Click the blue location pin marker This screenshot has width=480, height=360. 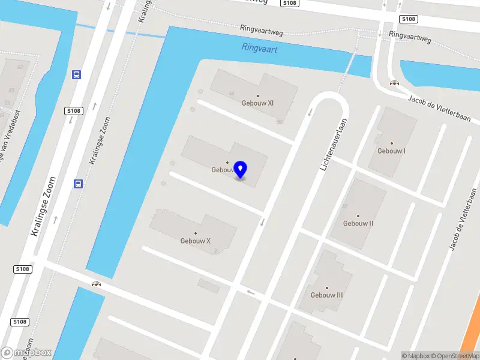[x=241, y=170]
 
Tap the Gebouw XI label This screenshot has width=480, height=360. [x=258, y=103]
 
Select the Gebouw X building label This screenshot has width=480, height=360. [x=196, y=241]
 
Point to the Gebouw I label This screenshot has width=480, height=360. [x=391, y=151]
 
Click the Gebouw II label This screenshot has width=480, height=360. [x=358, y=223]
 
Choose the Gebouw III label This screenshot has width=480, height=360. [x=327, y=295]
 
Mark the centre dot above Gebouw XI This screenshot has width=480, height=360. [x=258, y=95]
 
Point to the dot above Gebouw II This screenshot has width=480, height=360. [x=358, y=216]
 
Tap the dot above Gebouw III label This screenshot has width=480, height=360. [x=327, y=287]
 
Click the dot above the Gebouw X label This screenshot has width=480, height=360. [x=196, y=233]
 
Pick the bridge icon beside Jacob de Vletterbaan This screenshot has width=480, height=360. [x=394, y=83]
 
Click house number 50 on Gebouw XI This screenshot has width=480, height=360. [x=280, y=122]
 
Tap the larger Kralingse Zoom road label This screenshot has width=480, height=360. [x=43, y=206]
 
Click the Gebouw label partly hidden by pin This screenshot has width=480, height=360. [x=221, y=170]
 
